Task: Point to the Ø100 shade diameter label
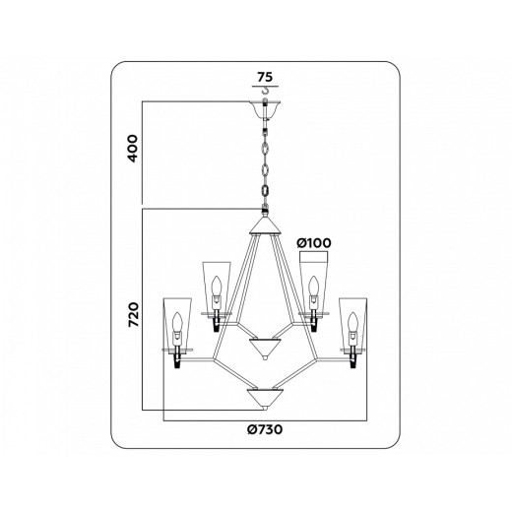tap(314, 241)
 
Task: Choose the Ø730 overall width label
tap(264, 429)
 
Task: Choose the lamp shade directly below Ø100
tap(312, 286)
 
